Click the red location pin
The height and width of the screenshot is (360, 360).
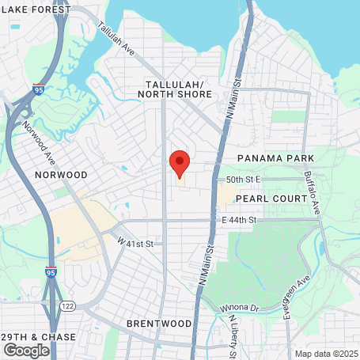pyautogui.click(x=180, y=163)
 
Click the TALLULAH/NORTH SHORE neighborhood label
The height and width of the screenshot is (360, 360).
pyautogui.click(x=175, y=89)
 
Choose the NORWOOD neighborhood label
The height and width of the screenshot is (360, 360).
pyautogui.click(x=60, y=174)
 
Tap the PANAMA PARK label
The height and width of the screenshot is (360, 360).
pyautogui.click(x=271, y=159)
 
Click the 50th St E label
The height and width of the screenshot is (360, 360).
pyautogui.click(x=244, y=180)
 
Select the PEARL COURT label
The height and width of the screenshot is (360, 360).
pyautogui.click(x=271, y=199)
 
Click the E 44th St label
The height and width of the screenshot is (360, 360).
pyautogui.click(x=239, y=219)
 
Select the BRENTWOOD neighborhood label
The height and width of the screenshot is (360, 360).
pyautogui.click(x=158, y=324)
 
